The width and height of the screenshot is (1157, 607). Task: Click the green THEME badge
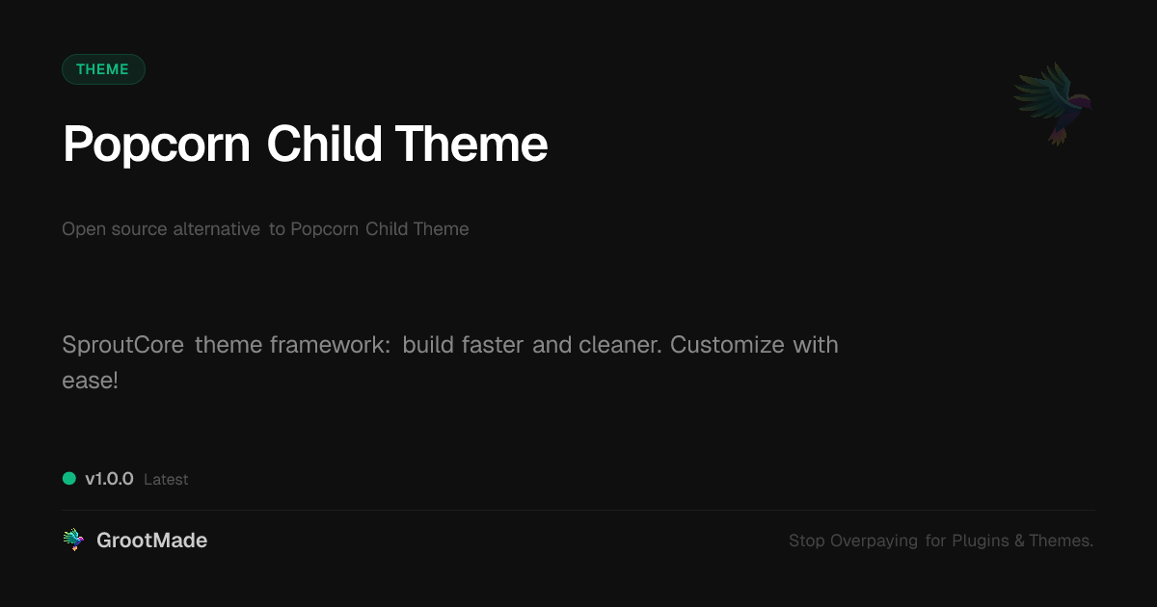pyautogui.click(x=103, y=69)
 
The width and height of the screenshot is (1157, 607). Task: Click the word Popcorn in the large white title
pyautogui.click(x=156, y=145)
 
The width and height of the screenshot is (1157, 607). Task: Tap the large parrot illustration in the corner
pyautogui.click(x=1053, y=102)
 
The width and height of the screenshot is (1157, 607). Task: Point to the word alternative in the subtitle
pyautogui.click(x=216, y=229)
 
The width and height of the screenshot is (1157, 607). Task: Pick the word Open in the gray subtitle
pyautogui.click(x=81, y=229)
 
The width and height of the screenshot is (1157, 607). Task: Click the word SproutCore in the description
pyautogui.click(x=122, y=345)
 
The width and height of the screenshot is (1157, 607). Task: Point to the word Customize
pyautogui.click(x=727, y=345)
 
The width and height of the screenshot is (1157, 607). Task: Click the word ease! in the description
pyautogui.click(x=90, y=381)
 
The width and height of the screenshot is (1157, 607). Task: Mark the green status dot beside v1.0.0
pyautogui.click(x=69, y=478)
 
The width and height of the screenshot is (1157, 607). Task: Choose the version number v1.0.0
pyautogui.click(x=109, y=479)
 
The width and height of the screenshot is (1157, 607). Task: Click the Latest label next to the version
pyautogui.click(x=166, y=480)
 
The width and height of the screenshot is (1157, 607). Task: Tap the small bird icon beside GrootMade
pyautogui.click(x=73, y=541)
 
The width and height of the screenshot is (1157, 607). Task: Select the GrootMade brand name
pyautogui.click(x=151, y=541)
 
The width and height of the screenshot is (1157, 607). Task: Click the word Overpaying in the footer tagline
pyautogui.click(x=874, y=541)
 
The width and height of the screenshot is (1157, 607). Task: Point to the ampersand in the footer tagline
pyautogui.click(x=1019, y=541)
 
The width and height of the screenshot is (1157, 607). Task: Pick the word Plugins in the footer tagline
pyautogui.click(x=980, y=541)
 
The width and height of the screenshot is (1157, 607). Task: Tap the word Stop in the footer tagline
pyautogui.click(x=807, y=541)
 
